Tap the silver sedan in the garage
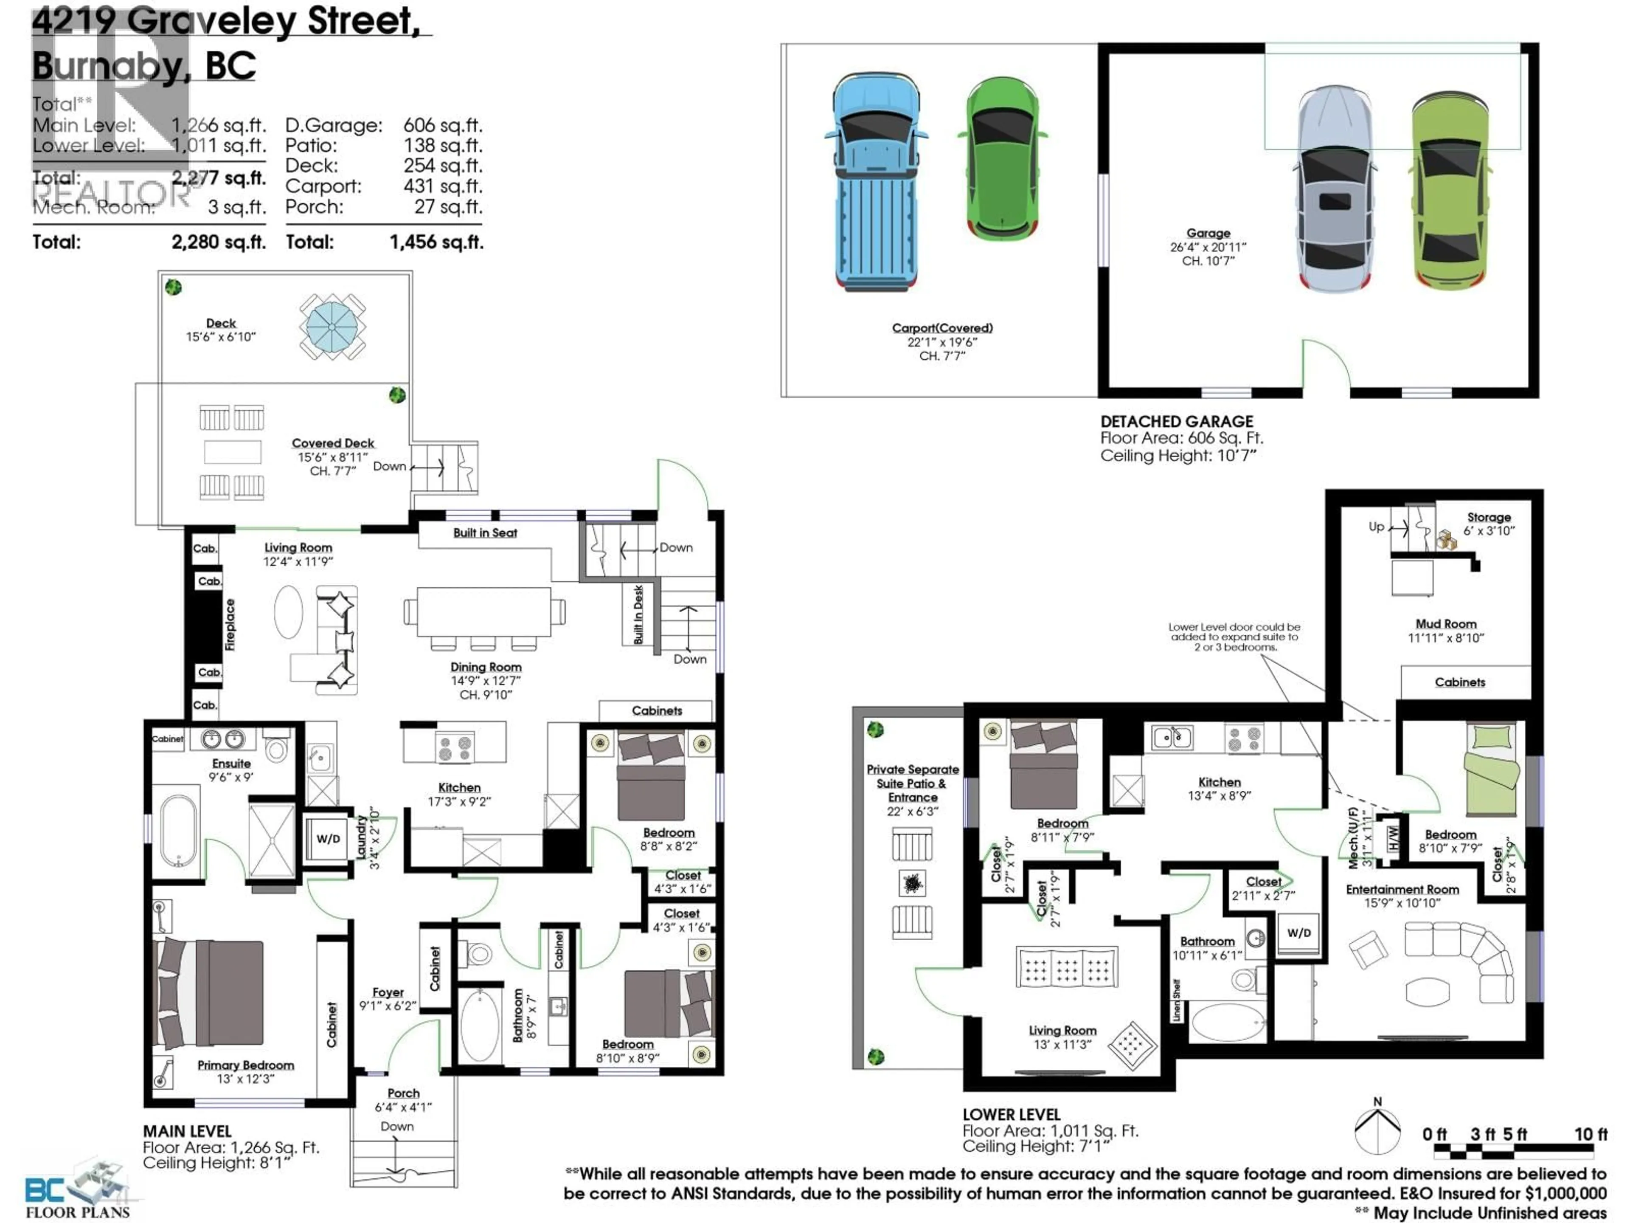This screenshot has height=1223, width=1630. [x=1335, y=189]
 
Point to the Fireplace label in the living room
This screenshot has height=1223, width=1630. [x=230, y=624]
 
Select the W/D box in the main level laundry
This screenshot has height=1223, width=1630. [x=328, y=839]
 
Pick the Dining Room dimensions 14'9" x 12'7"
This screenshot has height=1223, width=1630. [x=486, y=680]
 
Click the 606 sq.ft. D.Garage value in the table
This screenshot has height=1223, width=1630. [x=442, y=125]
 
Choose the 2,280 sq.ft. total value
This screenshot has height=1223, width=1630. [x=218, y=242]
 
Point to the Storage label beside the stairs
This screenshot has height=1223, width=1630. [x=1489, y=518]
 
